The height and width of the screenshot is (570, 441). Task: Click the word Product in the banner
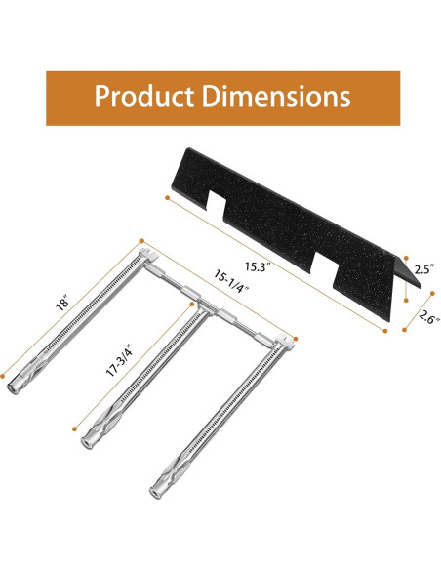[143, 97]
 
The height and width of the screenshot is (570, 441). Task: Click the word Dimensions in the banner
[276, 96]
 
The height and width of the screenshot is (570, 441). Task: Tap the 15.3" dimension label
[258, 267]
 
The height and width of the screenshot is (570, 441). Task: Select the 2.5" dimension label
[424, 269]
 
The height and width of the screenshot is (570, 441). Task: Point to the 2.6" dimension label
[428, 317]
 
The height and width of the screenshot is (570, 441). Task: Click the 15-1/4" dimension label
[231, 281]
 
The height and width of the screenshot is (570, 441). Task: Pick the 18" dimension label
[62, 304]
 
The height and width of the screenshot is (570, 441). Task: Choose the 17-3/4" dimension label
[118, 362]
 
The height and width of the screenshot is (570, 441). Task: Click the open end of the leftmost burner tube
[14, 388]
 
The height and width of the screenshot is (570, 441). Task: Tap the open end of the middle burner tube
[87, 442]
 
